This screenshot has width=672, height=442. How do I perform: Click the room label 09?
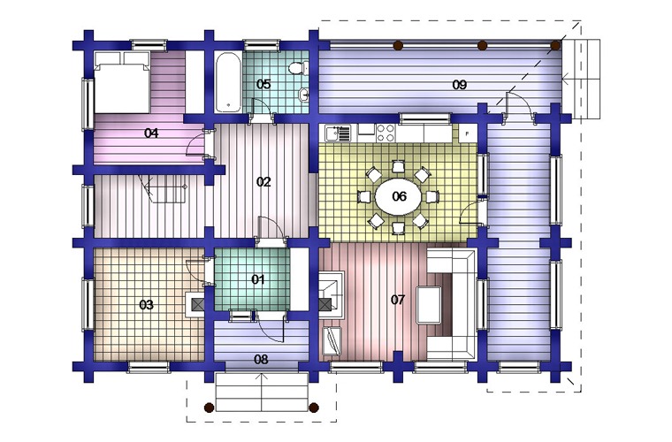pos(459,85)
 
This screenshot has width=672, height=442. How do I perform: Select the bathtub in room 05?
pos(227,82)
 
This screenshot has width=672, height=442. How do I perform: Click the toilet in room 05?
pos(297,69)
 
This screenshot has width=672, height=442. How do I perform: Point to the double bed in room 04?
pos(122,82)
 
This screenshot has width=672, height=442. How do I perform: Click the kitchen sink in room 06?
pos(337,133)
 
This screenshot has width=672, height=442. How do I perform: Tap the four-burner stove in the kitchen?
pos(385,133)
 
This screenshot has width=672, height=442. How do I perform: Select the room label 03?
pos(146,305)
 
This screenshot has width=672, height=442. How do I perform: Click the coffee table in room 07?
pos(429,305)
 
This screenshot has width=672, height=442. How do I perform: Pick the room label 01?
pos(257,279)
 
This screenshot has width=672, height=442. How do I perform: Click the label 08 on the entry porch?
pos(261,359)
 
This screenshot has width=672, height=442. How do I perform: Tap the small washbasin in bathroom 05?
pos(304,95)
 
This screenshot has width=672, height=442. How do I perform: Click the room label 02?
pos(263,182)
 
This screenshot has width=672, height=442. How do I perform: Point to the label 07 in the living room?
pos(397,300)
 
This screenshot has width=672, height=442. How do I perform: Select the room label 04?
pos(151,133)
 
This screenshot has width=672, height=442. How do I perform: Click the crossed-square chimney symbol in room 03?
pos(197,304)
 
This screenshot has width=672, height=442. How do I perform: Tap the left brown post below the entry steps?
pos(210,408)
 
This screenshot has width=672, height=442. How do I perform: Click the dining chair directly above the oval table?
pos(398,166)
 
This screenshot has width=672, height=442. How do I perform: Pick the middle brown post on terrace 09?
pos(482,45)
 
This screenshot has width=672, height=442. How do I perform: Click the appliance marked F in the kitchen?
pos(467,133)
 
